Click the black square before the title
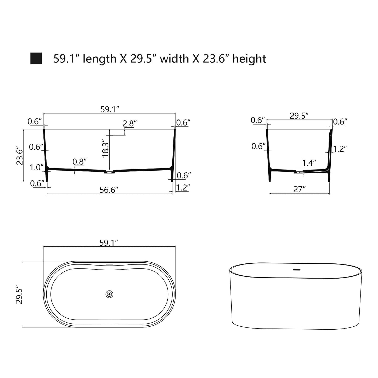(36, 58)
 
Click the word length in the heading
(99, 59)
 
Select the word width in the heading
(174, 59)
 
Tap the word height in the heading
(249, 59)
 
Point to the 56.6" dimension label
(109, 190)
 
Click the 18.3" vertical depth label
(105, 148)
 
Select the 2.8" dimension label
(130, 123)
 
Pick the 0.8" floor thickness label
(80, 162)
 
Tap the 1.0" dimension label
(36, 167)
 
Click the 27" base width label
(299, 189)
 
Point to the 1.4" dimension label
(309, 163)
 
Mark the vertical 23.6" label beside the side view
(20, 155)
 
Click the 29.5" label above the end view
(299, 116)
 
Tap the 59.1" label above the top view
(109, 243)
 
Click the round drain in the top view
(109, 294)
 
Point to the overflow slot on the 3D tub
(296, 270)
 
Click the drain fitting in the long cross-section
(110, 172)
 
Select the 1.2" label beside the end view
(340, 149)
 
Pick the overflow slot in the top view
(109, 264)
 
